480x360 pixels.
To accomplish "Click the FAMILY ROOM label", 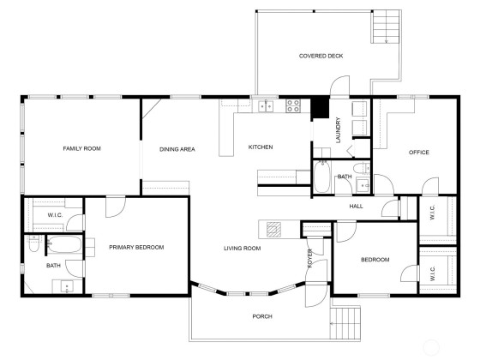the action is tap(81, 148).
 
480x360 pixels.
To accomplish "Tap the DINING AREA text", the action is tap(177, 149).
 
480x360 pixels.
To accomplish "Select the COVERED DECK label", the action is tap(321, 56).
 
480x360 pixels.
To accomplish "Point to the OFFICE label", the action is tap(419, 153).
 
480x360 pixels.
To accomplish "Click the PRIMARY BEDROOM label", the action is tap(136, 248).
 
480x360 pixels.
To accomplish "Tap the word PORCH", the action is tap(262, 316).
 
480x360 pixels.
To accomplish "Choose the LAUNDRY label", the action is tap(339, 130).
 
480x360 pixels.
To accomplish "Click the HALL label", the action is tap(356, 207).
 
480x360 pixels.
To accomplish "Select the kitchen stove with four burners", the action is tap(293, 105).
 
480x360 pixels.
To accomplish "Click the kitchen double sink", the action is tap(266, 106).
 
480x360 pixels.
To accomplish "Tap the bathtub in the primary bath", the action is tap(64, 244).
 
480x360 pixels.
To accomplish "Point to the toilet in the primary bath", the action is tap(34, 243).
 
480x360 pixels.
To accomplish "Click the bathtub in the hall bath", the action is tap(321, 177).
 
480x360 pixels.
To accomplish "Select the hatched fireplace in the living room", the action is tap(273, 230).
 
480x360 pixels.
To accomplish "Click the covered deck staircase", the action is tap(386, 27).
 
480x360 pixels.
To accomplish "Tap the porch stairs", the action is tap(345, 323).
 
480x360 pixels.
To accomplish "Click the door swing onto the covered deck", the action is tap(339, 86).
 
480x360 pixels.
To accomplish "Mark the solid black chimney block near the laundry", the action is tap(320, 107).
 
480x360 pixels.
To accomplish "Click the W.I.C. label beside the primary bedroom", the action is tap(55, 215).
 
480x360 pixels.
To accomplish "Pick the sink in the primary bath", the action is tap(67, 286).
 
